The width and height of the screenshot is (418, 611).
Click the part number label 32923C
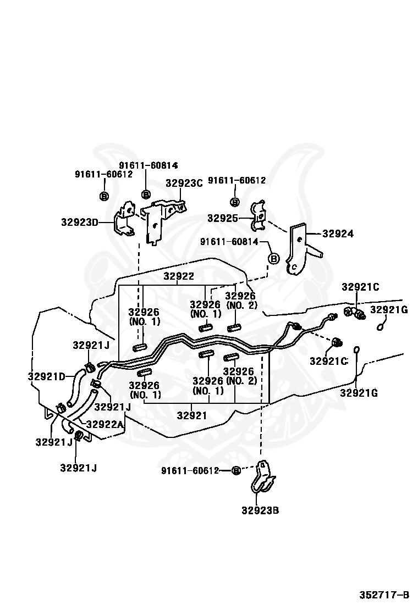[184, 184]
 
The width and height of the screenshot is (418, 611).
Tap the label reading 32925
[222, 218]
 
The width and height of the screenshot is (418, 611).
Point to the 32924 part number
[338, 234]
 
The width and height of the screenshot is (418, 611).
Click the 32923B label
[260, 510]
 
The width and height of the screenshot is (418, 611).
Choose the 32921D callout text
[46, 376]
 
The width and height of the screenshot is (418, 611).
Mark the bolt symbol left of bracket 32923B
[235, 470]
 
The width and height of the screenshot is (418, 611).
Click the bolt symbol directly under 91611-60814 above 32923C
[146, 194]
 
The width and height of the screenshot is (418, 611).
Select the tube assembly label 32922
[179, 276]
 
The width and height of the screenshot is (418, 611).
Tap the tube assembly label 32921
[191, 415]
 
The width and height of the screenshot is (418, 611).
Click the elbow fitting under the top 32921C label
[355, 313]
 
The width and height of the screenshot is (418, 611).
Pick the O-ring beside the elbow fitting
[380, 327]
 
